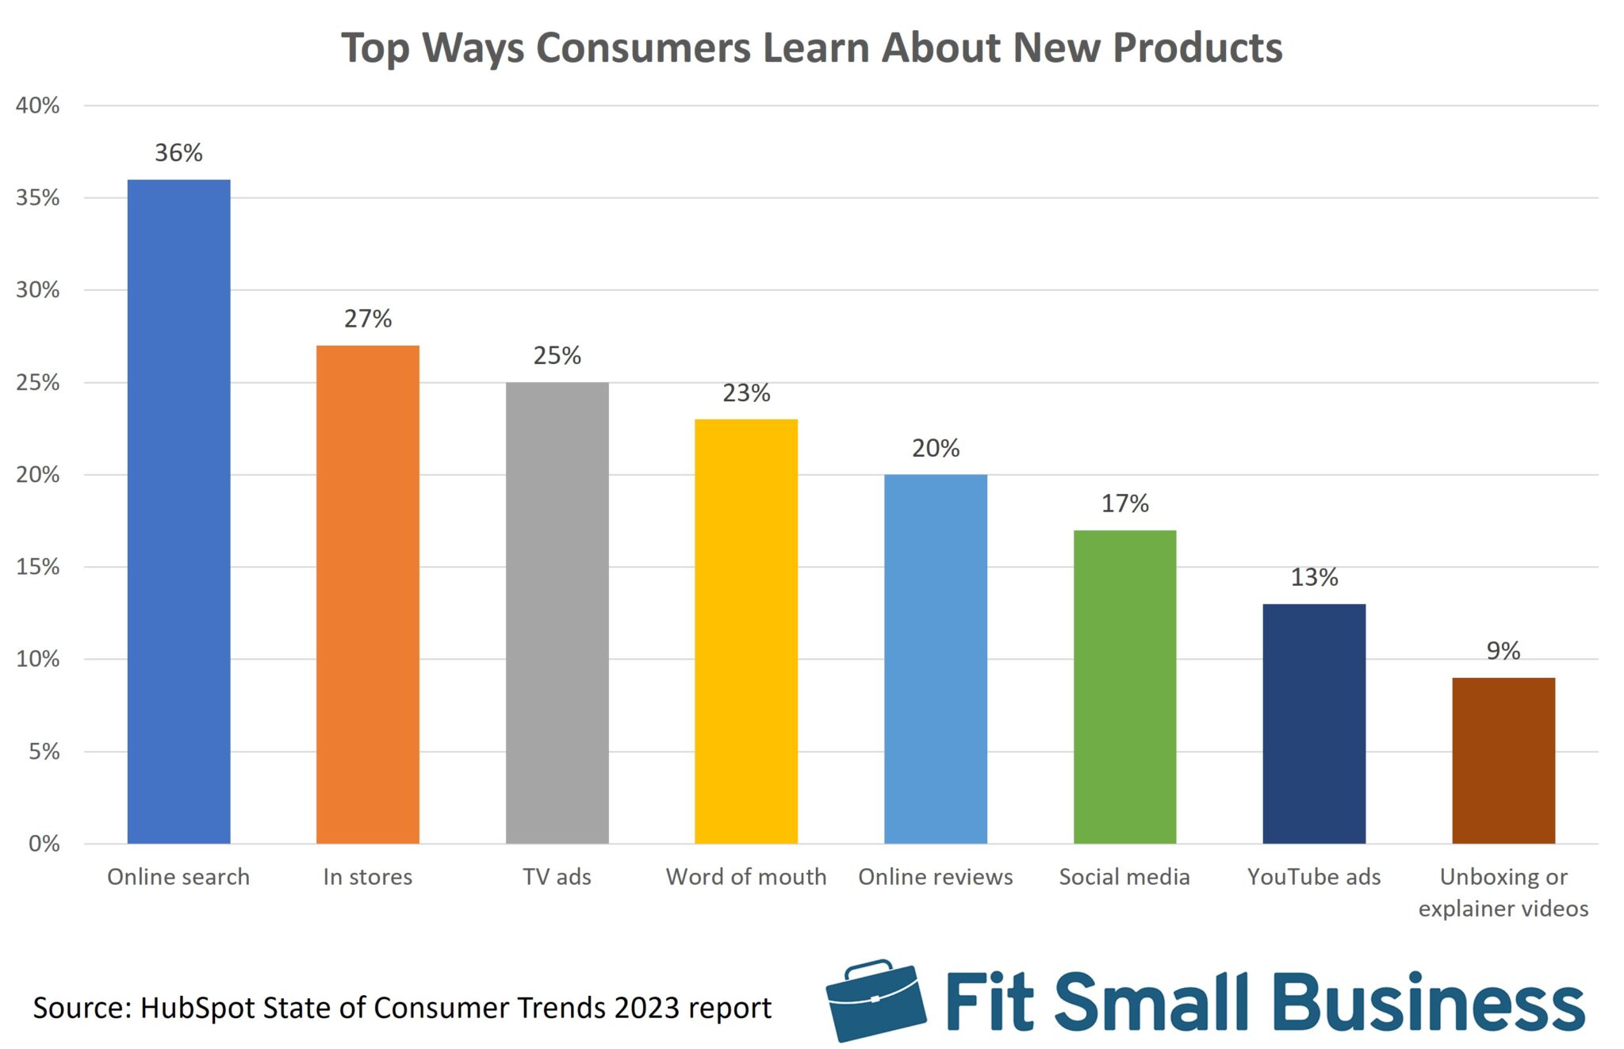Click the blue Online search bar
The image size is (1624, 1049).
178,511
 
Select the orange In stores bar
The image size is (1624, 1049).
367,595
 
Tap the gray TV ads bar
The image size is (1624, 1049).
557,612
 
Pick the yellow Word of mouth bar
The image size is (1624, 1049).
745,631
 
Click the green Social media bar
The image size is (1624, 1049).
1124,687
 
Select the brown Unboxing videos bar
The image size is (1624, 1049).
1503,760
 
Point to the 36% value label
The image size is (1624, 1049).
178,152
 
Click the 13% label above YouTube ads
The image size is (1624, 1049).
1314,576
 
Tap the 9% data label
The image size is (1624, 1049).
1503,650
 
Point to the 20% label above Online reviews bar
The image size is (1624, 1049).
936,448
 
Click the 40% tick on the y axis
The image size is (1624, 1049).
37,105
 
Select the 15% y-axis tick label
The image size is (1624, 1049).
37,567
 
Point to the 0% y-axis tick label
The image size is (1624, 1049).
44,844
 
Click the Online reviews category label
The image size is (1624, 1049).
936,876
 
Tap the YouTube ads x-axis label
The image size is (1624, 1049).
1314,876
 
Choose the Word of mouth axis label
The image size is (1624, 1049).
745,876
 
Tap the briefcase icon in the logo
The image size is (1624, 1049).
875,1001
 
